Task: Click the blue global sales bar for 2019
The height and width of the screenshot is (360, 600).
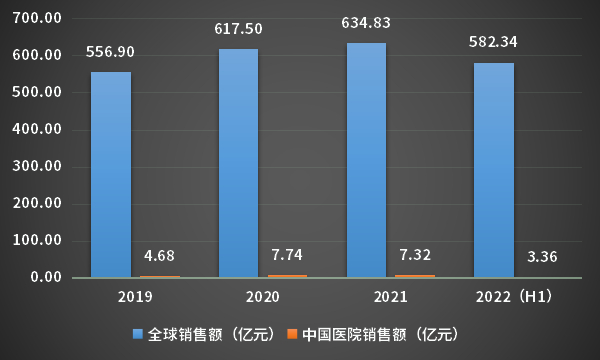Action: click(x=110, y=174)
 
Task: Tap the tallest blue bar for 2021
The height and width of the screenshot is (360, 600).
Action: click(x=366, y=159)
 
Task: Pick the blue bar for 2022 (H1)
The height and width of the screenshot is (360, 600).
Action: click(x=493, y=169)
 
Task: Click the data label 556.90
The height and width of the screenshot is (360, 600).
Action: click(x=110, y=50)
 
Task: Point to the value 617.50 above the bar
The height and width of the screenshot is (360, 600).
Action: click(x=238, y=30)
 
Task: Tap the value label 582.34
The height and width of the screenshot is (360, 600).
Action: click(x=493, y=42)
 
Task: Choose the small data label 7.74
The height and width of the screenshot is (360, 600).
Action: click(x=289, y=254)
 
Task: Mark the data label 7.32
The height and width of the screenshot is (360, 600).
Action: click(x=416, y=254)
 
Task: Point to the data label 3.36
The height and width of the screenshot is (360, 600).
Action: click(x=544, y=257)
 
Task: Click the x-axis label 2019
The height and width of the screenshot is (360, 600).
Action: click(x=135, y=297)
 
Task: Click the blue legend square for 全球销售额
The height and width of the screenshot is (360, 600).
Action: click(x=138, y=334)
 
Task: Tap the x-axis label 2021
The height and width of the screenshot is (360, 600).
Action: click(x=390, y=297)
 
